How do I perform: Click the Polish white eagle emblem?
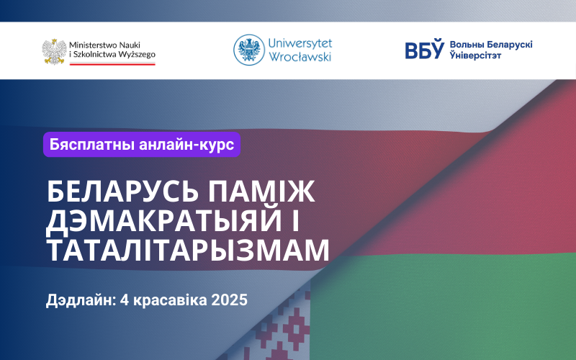tap(55, 52)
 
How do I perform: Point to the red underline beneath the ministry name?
tap(112, 64)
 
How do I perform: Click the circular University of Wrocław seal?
tap(249, 50)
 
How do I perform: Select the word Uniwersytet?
tap(300, 43)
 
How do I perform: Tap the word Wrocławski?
tap(300, 57)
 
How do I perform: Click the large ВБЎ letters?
tap(424, 49)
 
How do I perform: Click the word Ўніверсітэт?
tap(475, 55)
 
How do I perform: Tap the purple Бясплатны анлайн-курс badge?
tap(142, 145)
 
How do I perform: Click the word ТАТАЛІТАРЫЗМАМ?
tap(188, 251)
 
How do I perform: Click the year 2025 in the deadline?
tap(230, 300)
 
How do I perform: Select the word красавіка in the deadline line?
tap(170, 300)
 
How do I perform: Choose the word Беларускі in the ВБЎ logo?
tap(510, 45)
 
